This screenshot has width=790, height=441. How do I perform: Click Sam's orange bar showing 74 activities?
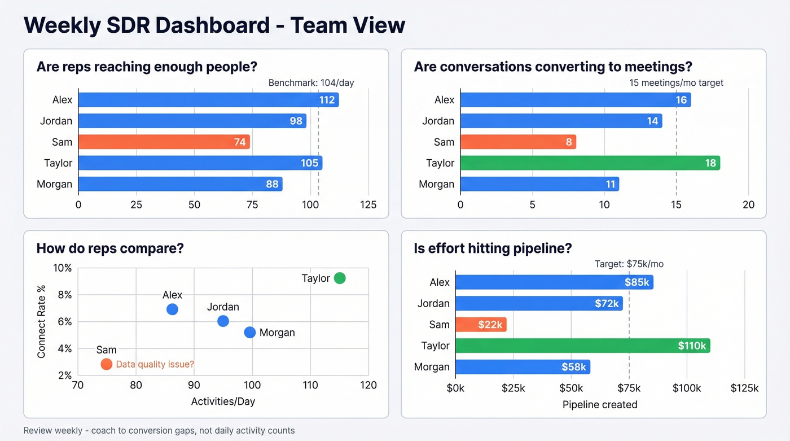tap(164, 142)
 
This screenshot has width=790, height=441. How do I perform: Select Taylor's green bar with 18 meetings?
tap(590, 163)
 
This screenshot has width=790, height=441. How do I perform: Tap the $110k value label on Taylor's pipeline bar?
tap(692, 346)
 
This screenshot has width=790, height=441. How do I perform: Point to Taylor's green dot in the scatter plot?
tap(339, 278)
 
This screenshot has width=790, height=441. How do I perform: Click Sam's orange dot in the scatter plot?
tap(106, 364)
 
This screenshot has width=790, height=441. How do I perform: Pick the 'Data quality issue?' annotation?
tap(155, 365)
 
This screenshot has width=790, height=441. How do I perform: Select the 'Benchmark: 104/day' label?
tap(311, 83)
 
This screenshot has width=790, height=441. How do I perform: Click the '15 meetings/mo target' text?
tap(676, 83)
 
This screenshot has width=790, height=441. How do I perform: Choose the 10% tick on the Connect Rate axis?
tap(62, 268)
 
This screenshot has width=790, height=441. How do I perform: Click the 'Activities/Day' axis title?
tap(223, 401)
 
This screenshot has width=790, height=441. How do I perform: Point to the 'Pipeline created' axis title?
tap(600, 404)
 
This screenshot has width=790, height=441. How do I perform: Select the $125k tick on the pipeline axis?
tap(744, 388)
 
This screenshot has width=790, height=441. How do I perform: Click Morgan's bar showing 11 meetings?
tap(539, 184)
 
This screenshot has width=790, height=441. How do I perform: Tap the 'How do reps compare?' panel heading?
tap(110, 248)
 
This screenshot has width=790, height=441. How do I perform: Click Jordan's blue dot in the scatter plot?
tap(223, 321)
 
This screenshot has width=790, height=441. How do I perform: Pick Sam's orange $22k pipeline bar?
tap(481, 325)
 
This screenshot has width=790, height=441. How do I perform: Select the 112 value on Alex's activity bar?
tap(327, 101)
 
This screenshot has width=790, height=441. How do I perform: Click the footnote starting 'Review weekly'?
tap(159, 431)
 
